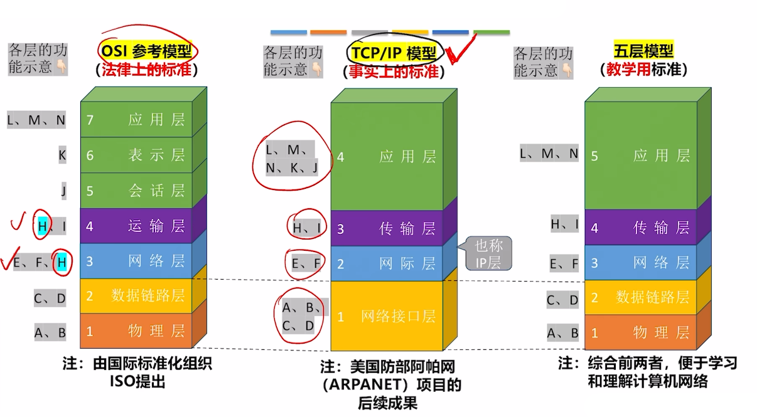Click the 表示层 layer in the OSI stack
pos(137,155)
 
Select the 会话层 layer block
pos(137,190)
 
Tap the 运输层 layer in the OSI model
pos(137,226)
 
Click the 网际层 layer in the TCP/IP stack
pos(387,263)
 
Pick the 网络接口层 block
pos(387,316)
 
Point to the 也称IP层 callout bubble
pos(488,253)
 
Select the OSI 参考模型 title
pos(148,50)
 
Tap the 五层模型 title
pos(643,50)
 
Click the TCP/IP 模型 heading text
pos(394,52)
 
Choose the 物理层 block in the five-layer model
pos(640,332)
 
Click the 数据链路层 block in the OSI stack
pos(137,295)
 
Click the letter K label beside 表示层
pos(62,154)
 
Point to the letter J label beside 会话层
pos(63,190)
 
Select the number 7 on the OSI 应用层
pos(90,120)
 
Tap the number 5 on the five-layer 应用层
pos(594,156)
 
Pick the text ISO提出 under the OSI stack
pos(137,381)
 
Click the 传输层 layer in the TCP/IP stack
pos(387,228)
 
